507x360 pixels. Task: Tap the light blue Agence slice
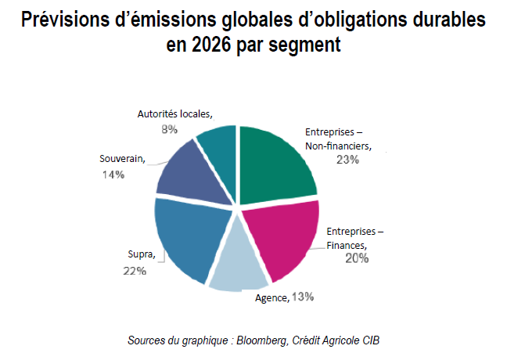(239, 262)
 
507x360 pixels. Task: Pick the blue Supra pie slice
(188, 235)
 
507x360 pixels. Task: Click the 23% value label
(343, 160)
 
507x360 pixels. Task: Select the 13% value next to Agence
(303, 297)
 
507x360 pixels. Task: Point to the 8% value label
(168, 129)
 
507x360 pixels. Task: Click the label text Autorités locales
(174, 113)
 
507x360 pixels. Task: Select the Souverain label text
(123, 159)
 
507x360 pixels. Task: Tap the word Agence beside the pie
(271, 297)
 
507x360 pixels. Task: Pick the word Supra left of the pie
(142, 254)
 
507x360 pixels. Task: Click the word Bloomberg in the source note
(262, 341)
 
